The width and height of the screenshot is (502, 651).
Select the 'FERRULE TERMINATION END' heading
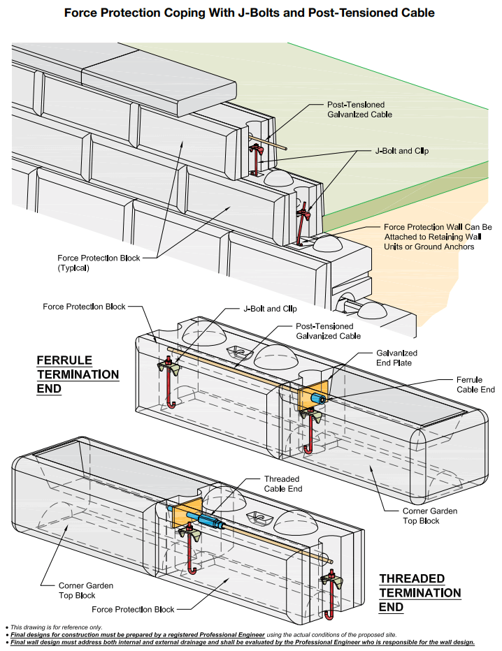(x=78, y=374)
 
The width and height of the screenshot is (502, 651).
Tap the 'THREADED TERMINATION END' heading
(x=419, y=592)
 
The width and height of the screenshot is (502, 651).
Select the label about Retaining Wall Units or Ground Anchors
(x=438, y=237)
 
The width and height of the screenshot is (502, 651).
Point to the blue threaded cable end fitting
(x=208, y=521)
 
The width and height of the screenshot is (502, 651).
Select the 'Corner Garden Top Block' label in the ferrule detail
(x=430, y=516)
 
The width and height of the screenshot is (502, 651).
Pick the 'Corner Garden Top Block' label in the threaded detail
(x=86, y=590)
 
